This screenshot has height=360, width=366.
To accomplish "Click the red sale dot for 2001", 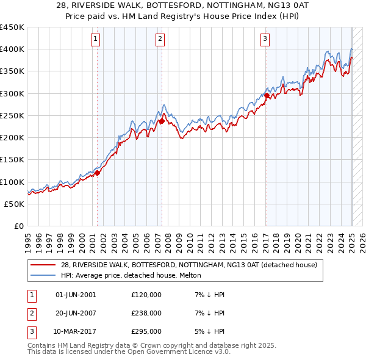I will (97, 173).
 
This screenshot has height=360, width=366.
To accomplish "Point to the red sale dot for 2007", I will (162, 121).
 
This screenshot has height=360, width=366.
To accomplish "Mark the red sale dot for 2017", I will (267, 96).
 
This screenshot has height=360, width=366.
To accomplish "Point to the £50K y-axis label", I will (15, 204).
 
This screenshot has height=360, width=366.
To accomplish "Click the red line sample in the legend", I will (43, 265).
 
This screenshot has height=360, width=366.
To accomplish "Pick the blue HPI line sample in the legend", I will (43, 276).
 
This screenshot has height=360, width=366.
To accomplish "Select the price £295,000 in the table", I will (146, 332).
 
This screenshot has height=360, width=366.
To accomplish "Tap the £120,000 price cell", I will (146, 295).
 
